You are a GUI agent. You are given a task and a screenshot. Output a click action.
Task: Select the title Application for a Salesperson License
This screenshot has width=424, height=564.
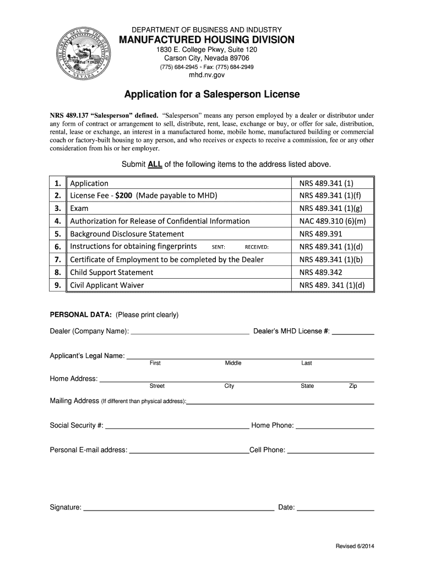[x=212, y=95]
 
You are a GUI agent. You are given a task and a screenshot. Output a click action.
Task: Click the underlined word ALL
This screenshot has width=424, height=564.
[x=154, y=164]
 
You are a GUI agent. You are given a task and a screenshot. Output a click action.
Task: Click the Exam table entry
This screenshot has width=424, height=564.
[x=79, y=209]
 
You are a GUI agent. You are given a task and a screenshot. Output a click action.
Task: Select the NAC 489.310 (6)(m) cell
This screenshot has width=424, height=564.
[x=332, y=221]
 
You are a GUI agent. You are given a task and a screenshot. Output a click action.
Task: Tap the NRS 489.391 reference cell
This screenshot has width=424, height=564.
[x=320, y=234]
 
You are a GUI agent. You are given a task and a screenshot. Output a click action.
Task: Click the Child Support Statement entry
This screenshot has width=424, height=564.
[x=111, y=273]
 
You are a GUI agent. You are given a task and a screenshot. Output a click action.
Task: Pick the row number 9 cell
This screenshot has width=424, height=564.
[x=57, y=285]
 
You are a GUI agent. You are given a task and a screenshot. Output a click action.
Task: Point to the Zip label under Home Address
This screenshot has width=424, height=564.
[x=353, y=386]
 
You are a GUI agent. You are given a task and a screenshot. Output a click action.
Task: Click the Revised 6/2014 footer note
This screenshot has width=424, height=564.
[x=355, y=546]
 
